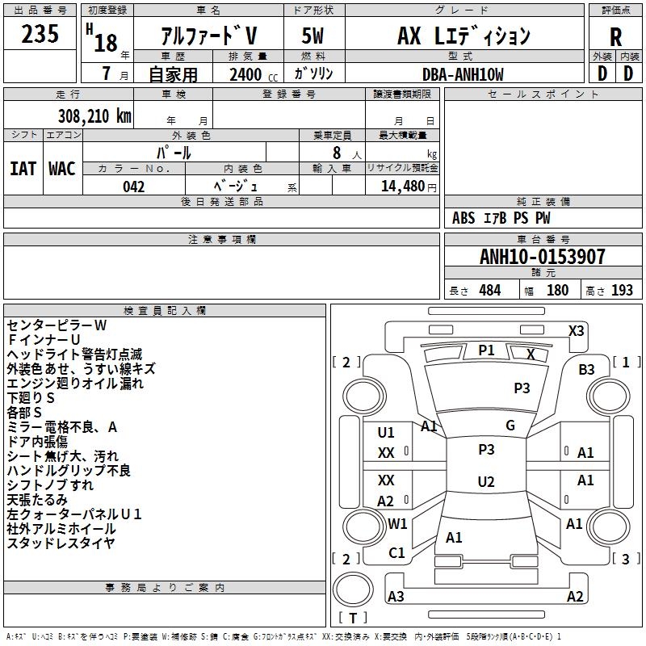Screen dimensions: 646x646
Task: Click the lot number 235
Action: [40, 35]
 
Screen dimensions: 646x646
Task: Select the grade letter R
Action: [615, 37]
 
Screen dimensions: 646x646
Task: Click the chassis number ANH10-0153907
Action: [542, 258]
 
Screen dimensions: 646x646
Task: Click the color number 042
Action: [133, 187]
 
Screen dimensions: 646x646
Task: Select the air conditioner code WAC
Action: [62, 169]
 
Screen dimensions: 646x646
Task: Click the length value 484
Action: [489, 291]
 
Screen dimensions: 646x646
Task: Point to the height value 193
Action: [622, 291]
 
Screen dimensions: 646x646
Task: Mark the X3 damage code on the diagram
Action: [576, 330]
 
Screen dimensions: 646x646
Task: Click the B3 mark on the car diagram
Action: [586, 370]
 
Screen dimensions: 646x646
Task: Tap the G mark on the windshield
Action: [510, 426]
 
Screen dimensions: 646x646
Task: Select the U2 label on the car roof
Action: [486, 482]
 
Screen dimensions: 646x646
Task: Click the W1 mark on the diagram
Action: [397, 523]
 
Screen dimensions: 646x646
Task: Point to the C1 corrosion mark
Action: [396, 553]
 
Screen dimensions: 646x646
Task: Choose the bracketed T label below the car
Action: [352, 618]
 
